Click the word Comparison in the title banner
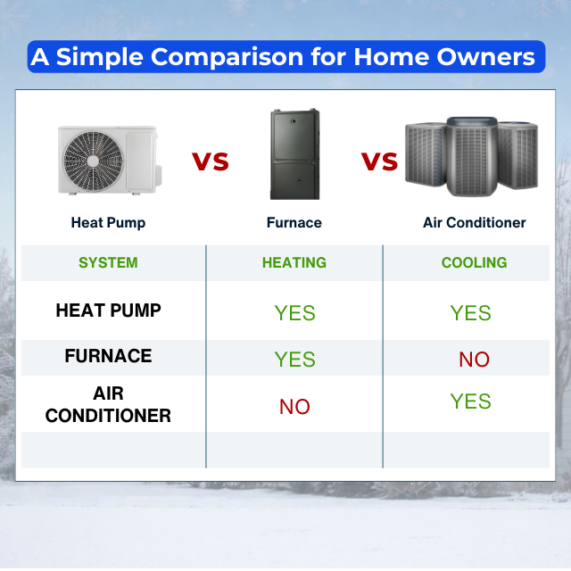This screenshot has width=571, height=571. (227, 57)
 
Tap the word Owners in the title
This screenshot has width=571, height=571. (485, 57)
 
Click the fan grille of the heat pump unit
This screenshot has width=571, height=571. (93, 161)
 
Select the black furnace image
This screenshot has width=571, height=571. (295, 154)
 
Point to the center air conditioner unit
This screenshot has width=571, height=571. (472, 157)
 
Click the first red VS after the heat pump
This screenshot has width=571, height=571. (211, 161)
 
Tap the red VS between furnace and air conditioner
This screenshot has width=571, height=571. (379, 161)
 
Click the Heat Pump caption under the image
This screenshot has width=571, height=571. (108, 222)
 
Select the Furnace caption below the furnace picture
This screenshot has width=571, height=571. (294, 222)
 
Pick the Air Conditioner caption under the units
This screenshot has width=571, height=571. (474, 222)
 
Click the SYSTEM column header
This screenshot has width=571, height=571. (108, 262)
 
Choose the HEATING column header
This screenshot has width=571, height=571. (294, 262)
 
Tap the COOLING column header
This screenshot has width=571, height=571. (474, 262)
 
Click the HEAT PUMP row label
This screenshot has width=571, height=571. (108, 310)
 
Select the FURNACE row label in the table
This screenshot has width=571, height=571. (108, 356)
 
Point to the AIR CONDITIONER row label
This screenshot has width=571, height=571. (108, 404)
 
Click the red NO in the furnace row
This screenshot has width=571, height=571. (474, 360)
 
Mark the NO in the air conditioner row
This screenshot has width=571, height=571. (294, 407)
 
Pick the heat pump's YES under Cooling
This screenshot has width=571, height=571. (470, 313)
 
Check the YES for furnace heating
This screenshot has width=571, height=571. (294, 360)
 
